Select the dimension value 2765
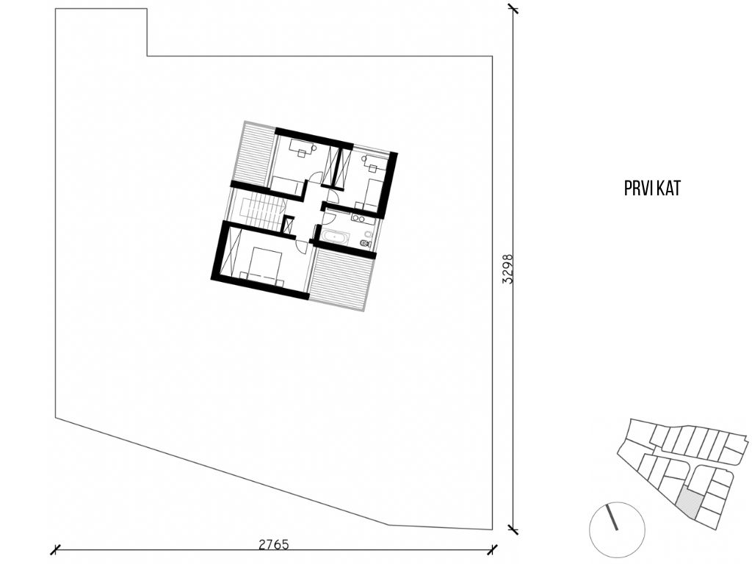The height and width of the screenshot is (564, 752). click(274, 545)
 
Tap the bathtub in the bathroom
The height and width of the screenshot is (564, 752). click(336, 237)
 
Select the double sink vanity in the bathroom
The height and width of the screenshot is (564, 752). click(362, 219)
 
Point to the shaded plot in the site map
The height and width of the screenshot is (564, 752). click(690, 505)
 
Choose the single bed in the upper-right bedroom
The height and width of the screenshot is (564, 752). click(372, 194)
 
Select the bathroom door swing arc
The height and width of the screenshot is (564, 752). click(328, 217)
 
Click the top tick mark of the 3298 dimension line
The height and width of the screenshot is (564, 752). click(513, 8)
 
